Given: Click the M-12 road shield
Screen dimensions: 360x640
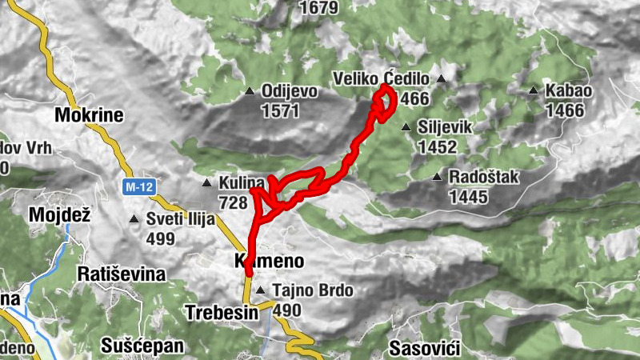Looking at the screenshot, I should click(x=138, y=186).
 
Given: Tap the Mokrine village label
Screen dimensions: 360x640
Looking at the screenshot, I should click(x=89, y=115).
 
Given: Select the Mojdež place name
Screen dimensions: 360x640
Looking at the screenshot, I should click(x=60, y=214).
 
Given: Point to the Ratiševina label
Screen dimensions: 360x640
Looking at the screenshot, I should click(x=122, y=274).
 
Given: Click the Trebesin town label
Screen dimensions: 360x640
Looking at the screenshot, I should click(x=222, y=312).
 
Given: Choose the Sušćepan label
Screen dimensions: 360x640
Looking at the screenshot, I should click(x=143, y=346).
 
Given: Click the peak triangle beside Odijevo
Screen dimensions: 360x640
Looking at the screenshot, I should click(x=250, y=91).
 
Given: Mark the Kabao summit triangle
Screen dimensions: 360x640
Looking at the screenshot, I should click(x=534, y=91).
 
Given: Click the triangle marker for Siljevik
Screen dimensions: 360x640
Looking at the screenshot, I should click(x=406, y=127).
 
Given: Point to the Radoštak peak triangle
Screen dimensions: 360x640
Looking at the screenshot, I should click(x=437, y=177).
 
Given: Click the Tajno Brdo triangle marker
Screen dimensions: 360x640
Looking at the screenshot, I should click(x=261, y=290).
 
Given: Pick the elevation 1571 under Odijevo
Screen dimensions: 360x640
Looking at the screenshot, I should click(x=280, y=110).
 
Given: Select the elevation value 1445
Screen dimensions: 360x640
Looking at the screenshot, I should click(x=469, y=195).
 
